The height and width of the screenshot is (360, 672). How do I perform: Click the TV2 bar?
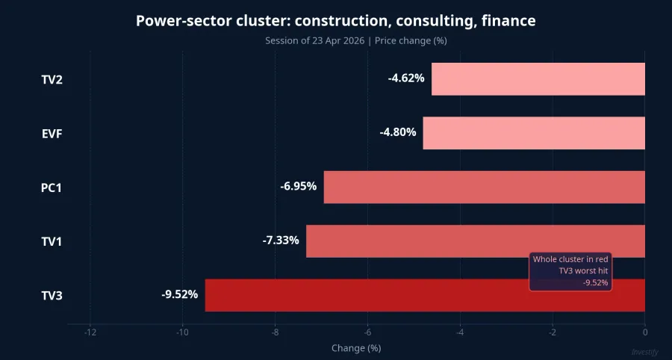538,79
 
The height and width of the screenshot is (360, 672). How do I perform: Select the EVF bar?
534,133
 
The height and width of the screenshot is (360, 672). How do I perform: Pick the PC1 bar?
484,187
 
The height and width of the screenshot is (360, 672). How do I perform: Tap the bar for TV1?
476,240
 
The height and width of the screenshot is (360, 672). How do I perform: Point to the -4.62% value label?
406,78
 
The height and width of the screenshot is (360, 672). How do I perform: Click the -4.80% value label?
398,132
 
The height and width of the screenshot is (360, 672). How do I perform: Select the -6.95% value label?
298,187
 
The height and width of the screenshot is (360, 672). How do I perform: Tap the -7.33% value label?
281,240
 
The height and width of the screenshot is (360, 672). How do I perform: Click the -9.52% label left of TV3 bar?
179,294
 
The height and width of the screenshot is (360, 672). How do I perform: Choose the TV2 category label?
52,80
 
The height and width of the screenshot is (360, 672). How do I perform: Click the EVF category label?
52,134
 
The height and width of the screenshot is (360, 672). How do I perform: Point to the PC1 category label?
52,187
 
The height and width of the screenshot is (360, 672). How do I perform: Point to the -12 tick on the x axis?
90,332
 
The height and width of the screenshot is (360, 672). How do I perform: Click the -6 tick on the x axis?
367,332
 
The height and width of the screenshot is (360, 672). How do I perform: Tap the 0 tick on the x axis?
644,332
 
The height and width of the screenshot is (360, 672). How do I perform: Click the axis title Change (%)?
356,348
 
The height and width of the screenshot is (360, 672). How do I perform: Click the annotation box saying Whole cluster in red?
570,271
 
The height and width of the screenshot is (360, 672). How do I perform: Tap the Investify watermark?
645,353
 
